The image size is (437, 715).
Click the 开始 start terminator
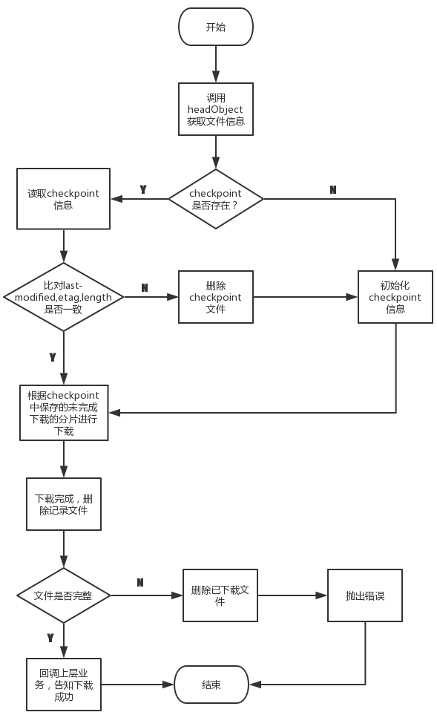216,27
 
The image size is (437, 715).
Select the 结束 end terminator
211,685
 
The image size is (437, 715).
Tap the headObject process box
216,109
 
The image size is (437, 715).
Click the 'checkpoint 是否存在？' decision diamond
216,199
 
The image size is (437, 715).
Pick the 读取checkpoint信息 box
63,199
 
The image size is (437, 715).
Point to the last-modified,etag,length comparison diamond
64,297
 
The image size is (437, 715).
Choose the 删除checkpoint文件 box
216,297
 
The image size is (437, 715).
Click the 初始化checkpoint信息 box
395,297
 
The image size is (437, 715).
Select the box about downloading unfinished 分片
64,413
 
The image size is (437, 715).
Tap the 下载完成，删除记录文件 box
64,504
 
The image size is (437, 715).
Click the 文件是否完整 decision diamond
64,595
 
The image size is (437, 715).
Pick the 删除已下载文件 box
220,595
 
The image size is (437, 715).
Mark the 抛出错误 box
365,595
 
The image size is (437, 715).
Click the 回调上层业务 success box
64,685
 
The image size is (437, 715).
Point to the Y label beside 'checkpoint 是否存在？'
143,189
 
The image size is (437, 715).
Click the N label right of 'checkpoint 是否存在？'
333,189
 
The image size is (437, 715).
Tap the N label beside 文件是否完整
140,582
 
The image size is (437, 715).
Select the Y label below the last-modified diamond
53,357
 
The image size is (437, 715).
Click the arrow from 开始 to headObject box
216,65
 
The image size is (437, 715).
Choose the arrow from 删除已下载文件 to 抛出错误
292,595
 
